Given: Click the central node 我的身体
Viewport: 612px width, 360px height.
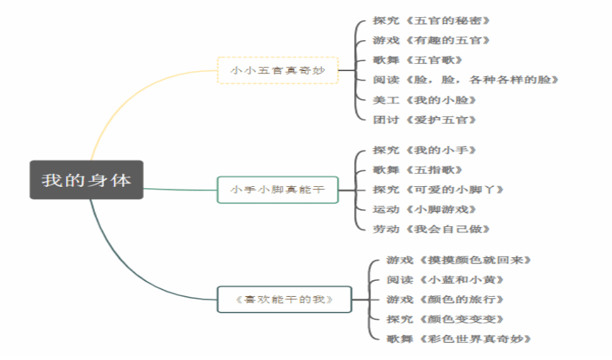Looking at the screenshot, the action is point(86,180).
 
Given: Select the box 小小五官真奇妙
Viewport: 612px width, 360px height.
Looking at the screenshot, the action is point(277,70).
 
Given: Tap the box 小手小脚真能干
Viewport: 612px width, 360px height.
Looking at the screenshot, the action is point(277,190).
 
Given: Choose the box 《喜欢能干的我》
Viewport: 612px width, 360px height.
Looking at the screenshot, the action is point(284,300).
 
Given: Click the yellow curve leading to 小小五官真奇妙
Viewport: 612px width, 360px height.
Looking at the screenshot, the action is point(129,98).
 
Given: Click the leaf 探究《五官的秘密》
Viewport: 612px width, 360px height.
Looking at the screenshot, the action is point(431,20).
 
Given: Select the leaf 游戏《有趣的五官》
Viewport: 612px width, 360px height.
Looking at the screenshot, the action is point(431,40).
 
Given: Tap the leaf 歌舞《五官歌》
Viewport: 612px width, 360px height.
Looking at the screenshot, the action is point(417,60).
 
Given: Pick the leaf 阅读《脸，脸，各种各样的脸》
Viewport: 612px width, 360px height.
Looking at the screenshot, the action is point(465,80).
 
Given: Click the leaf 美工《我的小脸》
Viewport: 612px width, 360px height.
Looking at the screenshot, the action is point(425,100).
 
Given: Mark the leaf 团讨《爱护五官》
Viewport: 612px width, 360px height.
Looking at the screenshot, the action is point(425,119).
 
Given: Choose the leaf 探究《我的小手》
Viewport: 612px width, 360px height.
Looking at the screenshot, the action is point(425,150).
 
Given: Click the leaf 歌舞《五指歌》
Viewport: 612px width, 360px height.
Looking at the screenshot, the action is point(417,170).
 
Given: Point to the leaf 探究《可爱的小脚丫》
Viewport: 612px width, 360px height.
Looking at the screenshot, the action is point(438,190).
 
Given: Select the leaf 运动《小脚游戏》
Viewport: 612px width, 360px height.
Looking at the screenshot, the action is point(425,209).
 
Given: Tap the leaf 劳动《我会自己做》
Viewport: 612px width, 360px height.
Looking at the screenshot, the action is point(431,229).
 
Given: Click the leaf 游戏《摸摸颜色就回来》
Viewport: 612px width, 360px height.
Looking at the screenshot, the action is point(458,260).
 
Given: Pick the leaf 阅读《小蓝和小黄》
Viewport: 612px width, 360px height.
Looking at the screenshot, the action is point(445,280).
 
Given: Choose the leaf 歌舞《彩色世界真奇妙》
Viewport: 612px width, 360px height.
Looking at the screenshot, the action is point(458,338).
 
